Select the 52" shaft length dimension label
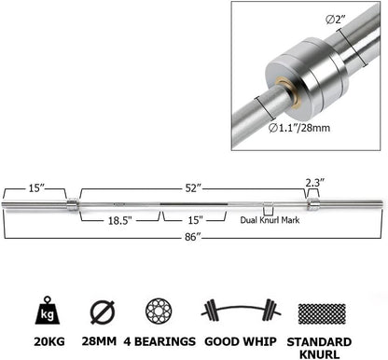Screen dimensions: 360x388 (192, 187)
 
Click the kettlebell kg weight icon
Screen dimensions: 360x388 (48, 311)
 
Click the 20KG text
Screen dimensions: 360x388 (48, 341)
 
